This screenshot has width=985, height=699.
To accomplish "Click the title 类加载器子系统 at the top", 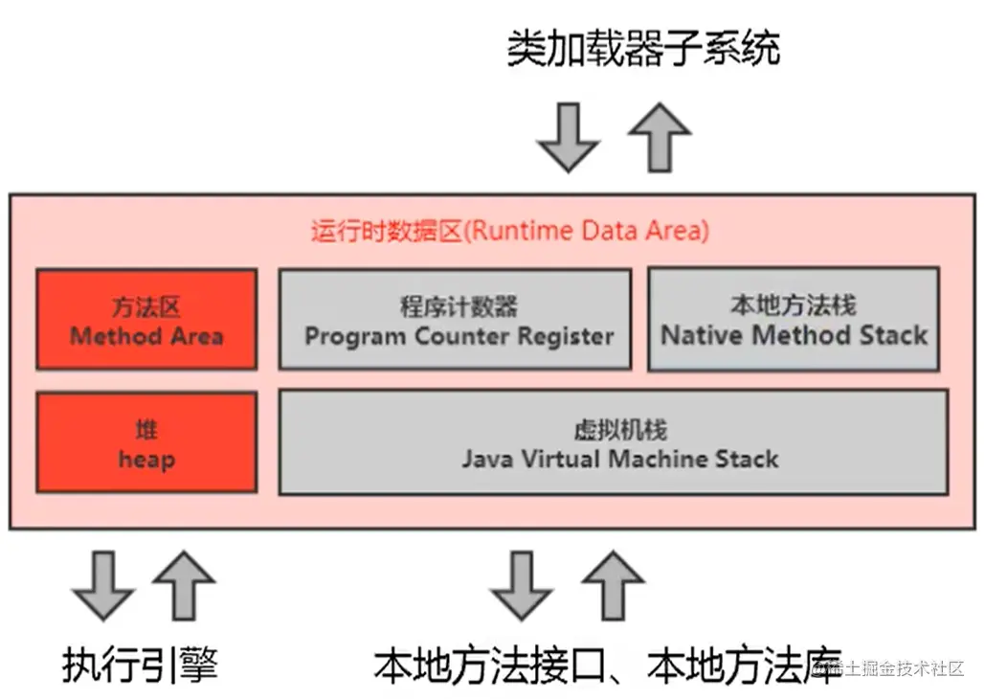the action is tap(643, 48).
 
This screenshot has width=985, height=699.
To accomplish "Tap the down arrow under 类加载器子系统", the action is tap(569, 138).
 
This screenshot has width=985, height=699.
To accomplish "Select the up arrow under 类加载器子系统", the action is tap(660, 138).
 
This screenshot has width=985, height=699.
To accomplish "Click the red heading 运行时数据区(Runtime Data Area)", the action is tap(510, 231).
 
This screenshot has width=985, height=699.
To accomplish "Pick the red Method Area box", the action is tap(146, 319).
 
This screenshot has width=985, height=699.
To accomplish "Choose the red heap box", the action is tap(146, 442).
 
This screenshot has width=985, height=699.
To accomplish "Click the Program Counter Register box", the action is tap(456, 319).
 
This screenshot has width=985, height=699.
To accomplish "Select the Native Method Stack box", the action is tap(795, 319).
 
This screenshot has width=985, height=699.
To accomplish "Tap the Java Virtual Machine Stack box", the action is tap(614, 442).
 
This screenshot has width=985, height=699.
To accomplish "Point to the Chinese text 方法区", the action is tap(146, 307).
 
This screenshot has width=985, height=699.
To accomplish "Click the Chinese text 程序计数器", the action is tap(459, 306).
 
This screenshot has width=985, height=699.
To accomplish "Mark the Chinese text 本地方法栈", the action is tap(795, 304).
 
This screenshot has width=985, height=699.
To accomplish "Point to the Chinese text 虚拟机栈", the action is tap(620, 430).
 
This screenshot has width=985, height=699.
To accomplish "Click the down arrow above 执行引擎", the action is tap(103, 586).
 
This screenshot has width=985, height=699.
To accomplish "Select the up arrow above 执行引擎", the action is tap(184, 586).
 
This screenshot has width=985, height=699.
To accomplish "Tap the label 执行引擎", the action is tap(140, 665).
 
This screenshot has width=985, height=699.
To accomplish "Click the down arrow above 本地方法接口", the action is tap(522, 586).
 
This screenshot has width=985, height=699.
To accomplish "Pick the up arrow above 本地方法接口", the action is tap(613, 586).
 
